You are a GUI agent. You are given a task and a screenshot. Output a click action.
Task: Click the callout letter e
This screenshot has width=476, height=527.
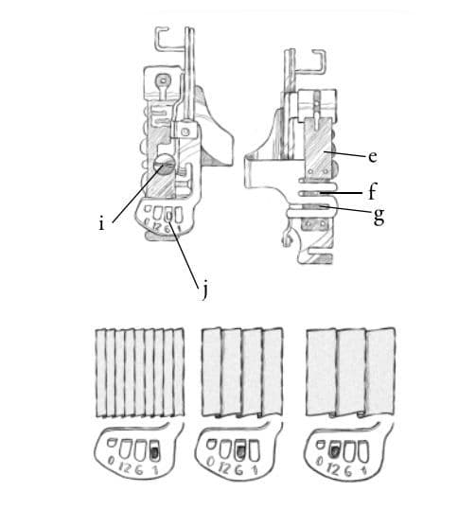pos(372,157)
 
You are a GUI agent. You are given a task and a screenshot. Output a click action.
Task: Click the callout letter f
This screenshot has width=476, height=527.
pos(372,191)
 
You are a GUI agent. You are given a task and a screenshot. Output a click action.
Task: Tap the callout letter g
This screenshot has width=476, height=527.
pos(379,216)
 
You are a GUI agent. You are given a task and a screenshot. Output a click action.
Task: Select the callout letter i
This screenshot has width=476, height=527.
pos(101,223)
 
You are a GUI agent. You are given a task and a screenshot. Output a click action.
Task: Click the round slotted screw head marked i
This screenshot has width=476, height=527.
pos(164,165)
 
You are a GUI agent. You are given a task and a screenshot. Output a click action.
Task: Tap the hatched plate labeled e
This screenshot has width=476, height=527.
pos(318,148)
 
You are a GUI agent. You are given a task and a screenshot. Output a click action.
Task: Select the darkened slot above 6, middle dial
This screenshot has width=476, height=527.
pos(239,450)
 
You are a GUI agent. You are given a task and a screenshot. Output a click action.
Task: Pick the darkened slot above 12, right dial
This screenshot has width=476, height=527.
pos(334,450)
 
